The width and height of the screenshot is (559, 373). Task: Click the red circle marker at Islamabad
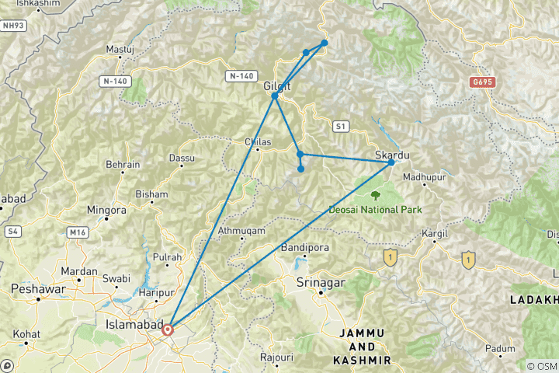tap(167, 329)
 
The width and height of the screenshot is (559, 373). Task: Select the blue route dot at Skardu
tap(391, 162)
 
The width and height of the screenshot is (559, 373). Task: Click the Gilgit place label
tap(277, 86)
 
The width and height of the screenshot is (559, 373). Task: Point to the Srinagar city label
tap(319, 283)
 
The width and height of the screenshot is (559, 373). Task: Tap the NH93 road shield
tap(12, 26)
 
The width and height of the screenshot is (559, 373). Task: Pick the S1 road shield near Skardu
tap(341, 125)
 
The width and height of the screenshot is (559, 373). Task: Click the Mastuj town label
tap(120, 49)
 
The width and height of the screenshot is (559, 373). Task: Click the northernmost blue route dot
tap(324, 43)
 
